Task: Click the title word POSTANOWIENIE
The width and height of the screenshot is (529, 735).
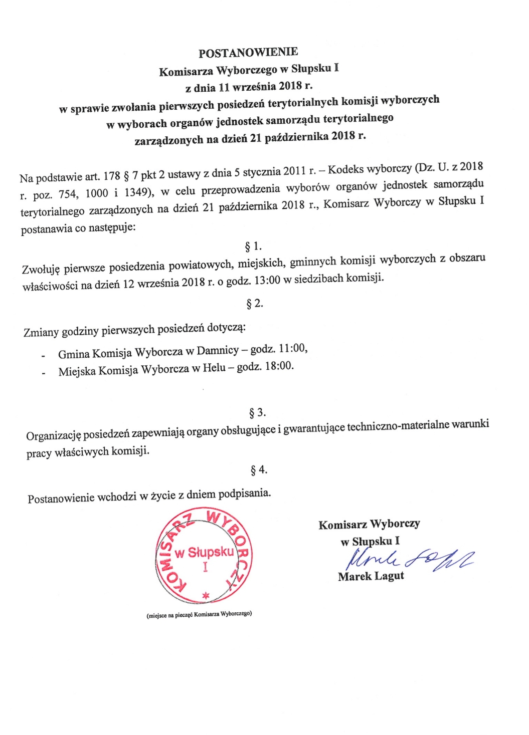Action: click(x=248, y=53)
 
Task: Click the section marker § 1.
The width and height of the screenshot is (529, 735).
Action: click(x=253, y=246)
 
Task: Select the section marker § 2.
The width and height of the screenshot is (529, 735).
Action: click(x=255, y=304)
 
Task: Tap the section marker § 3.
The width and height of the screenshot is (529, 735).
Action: click(x=257, y=413)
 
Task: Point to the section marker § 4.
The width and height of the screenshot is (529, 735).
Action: click(x=259, y=470)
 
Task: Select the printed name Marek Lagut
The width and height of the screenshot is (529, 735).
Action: click(x=371, y=576)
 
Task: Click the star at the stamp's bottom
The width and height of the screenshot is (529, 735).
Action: click(x=205, y=595)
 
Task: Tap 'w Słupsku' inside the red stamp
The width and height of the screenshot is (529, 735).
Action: click(x=205, y=553)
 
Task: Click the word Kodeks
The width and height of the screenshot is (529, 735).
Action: click(x=346, y=169)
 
